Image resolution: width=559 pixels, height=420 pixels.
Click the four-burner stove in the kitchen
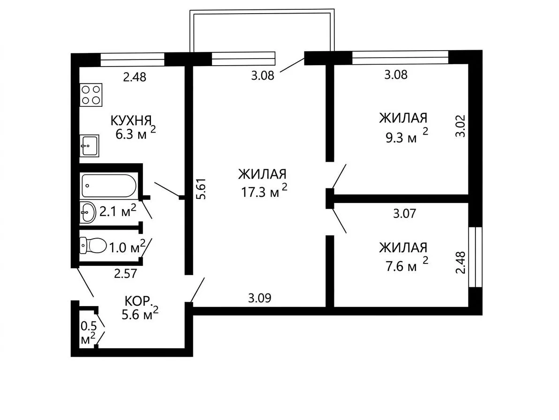click(91, 95)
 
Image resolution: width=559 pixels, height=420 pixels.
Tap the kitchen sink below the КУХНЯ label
click(89, 146)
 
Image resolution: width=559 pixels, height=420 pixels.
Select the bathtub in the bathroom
click(109, 186)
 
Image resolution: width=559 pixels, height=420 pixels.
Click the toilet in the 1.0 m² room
click(93, 246)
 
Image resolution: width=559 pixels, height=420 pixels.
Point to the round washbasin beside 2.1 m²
click(88, 213)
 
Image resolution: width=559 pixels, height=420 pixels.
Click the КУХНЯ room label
click(131, 120)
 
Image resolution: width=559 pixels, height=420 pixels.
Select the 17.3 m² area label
click(264, 192)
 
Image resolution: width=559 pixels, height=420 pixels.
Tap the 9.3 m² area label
click(407, 136)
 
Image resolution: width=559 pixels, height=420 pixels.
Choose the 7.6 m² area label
click(407, 265)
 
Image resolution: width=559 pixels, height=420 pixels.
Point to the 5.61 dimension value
click(202, 189)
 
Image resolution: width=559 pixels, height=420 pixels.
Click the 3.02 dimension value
click(461, 126)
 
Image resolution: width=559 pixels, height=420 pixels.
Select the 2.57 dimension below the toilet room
click(126, 274)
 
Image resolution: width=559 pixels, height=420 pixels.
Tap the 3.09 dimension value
click(259, 298)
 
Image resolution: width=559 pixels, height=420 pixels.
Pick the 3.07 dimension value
click(405, 213)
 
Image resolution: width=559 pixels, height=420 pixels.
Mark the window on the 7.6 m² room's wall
click(476, 257)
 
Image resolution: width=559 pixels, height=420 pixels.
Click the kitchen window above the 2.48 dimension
click(132, 59)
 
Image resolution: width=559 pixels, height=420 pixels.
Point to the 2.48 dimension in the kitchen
click(135, 77)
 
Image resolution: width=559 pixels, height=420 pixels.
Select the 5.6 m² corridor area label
click(140, 314)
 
